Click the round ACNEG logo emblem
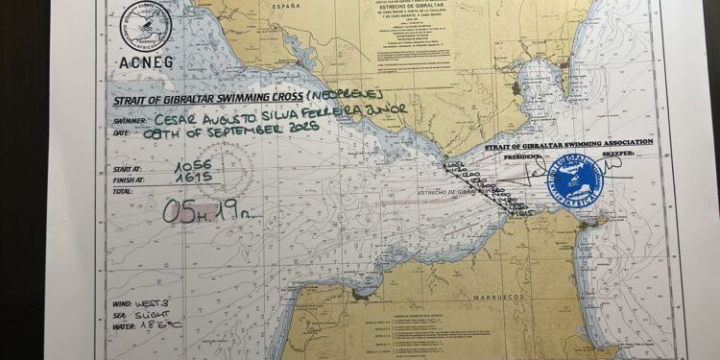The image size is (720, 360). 146,27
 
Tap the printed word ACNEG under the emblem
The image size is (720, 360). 145,62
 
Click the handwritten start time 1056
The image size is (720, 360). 193,166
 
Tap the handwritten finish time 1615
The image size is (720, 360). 193,178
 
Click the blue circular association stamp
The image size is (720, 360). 575,179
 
